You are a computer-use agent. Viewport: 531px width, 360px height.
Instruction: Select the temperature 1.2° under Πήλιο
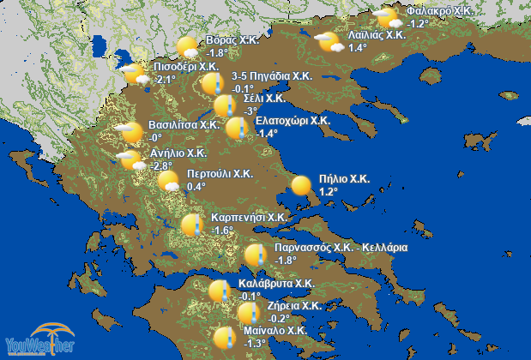330,191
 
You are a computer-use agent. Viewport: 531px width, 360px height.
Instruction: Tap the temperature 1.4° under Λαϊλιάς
358,48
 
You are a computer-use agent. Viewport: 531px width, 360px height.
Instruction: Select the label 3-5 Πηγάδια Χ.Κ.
270,76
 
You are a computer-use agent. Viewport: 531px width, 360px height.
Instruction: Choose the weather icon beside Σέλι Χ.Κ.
225,105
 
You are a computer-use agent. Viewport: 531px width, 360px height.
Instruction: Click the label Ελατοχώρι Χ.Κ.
293,121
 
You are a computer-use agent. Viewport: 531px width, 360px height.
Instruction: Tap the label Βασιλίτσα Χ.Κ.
184,124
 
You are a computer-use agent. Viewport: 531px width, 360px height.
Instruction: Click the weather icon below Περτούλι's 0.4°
169,184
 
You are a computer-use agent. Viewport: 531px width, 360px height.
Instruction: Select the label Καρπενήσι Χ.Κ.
249,218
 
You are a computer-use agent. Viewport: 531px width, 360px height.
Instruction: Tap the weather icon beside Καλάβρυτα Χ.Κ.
220,291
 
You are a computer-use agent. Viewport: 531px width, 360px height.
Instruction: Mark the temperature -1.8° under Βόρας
219,52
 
